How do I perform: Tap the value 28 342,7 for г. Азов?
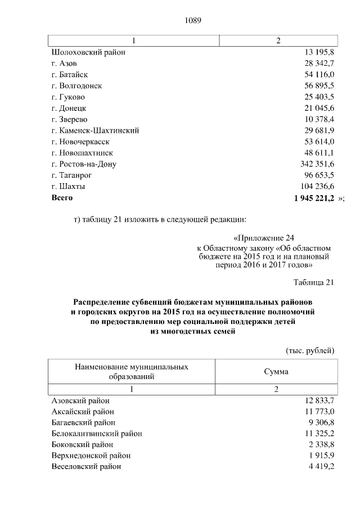(319, 64)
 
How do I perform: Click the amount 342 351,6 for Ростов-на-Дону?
(317, 164)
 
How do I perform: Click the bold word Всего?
(62, 198)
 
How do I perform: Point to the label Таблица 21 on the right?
(314, 282)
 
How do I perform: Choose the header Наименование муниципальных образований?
(132, 371)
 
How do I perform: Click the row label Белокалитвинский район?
(96, 434)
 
